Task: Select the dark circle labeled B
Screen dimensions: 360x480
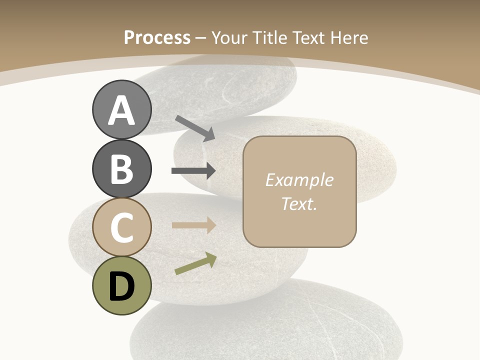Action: (x=121, y=168)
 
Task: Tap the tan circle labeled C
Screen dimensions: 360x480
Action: (x=121, y=227)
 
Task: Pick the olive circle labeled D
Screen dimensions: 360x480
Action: (x=121, y=286)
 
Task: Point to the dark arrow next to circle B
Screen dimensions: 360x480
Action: (x=193, y=171)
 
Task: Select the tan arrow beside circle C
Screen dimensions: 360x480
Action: (x=193, y=225)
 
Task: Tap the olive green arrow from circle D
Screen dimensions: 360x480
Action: (x=195, y=263)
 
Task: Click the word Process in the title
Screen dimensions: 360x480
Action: (x=157, y=37)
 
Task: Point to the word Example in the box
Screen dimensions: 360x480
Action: (x=299, y=180)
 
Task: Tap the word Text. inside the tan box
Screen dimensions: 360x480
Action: (x=299, y=203)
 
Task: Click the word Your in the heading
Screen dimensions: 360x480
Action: (x=229, y=37)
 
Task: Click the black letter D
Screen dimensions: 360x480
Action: (x=121, y=286)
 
